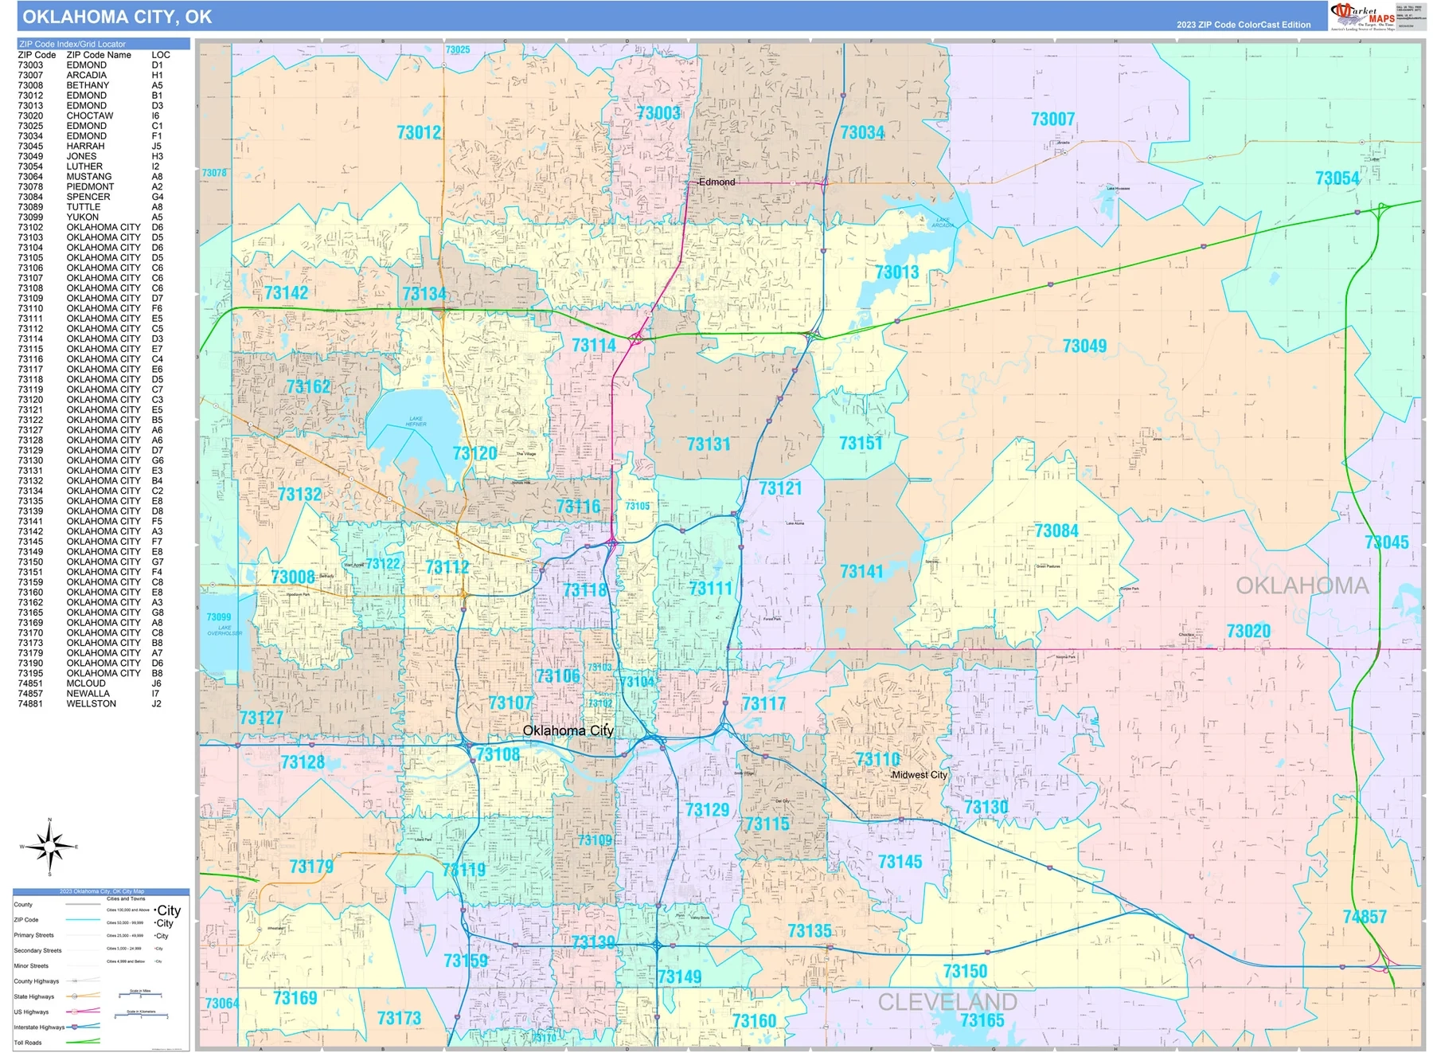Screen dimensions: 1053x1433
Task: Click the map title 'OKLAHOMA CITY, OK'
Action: (x=117, y=17)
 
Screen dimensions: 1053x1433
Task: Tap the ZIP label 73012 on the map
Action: (x=419, y=133)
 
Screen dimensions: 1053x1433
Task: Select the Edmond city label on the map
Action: (x=716, y=182)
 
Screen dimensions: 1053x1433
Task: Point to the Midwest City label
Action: (x=919, y=775)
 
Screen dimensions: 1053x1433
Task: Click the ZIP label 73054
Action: (x=1337, y=178)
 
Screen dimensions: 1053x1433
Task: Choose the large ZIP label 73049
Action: (x=1084, y=346)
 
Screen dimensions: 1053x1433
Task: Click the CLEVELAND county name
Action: (x=947, y=1002)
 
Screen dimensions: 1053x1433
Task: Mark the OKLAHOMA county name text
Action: (x=1302, y=586)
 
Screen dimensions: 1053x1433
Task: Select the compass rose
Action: (x=49, y=847)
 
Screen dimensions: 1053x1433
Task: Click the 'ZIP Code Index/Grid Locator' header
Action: (x=72, y=44)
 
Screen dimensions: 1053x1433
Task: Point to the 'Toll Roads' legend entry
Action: (x=28, y=1043)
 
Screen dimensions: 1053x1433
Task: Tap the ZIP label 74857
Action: (x=1365, y=918)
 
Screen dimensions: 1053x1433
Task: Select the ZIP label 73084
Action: (x=1056, y=531)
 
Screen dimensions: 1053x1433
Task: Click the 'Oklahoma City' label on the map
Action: (x=568, y=730)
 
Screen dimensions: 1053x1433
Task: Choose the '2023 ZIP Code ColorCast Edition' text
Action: (x=1244, y=25)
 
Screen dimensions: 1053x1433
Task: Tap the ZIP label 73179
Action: (x=311, y=867)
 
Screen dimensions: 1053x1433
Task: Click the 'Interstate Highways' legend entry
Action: (x=39, y=1028)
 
